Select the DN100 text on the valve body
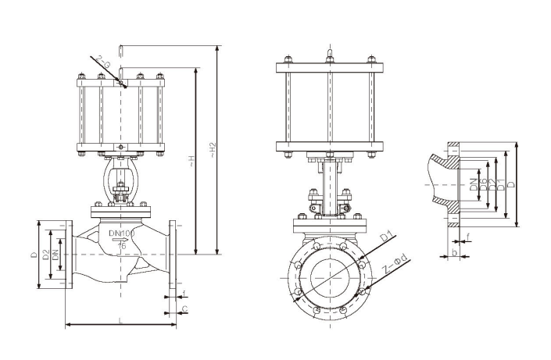(x=122, y=233)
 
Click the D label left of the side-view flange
(x=34, y=255)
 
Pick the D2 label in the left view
(x=46, y=255)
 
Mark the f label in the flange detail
(x=467, y=235)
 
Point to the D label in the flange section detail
(x=510, y=185)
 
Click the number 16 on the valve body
(x=122, y=245)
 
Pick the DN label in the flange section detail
(x=474, y=184)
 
